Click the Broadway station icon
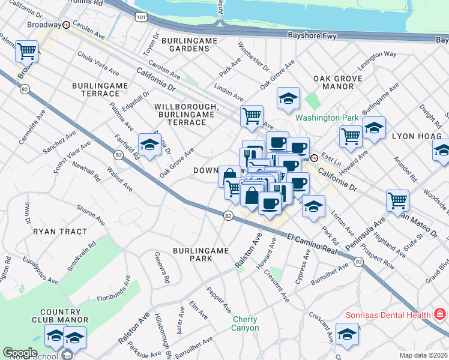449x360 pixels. tap(67, 25)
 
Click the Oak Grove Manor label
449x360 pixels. tap(338, 83)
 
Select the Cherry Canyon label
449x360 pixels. tap(246, 324)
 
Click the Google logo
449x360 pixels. tap(20, 353)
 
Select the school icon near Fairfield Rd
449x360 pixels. tap(149, 145)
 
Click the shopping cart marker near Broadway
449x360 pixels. tap(26, 52)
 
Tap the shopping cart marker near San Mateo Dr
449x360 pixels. tap(397, 200)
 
